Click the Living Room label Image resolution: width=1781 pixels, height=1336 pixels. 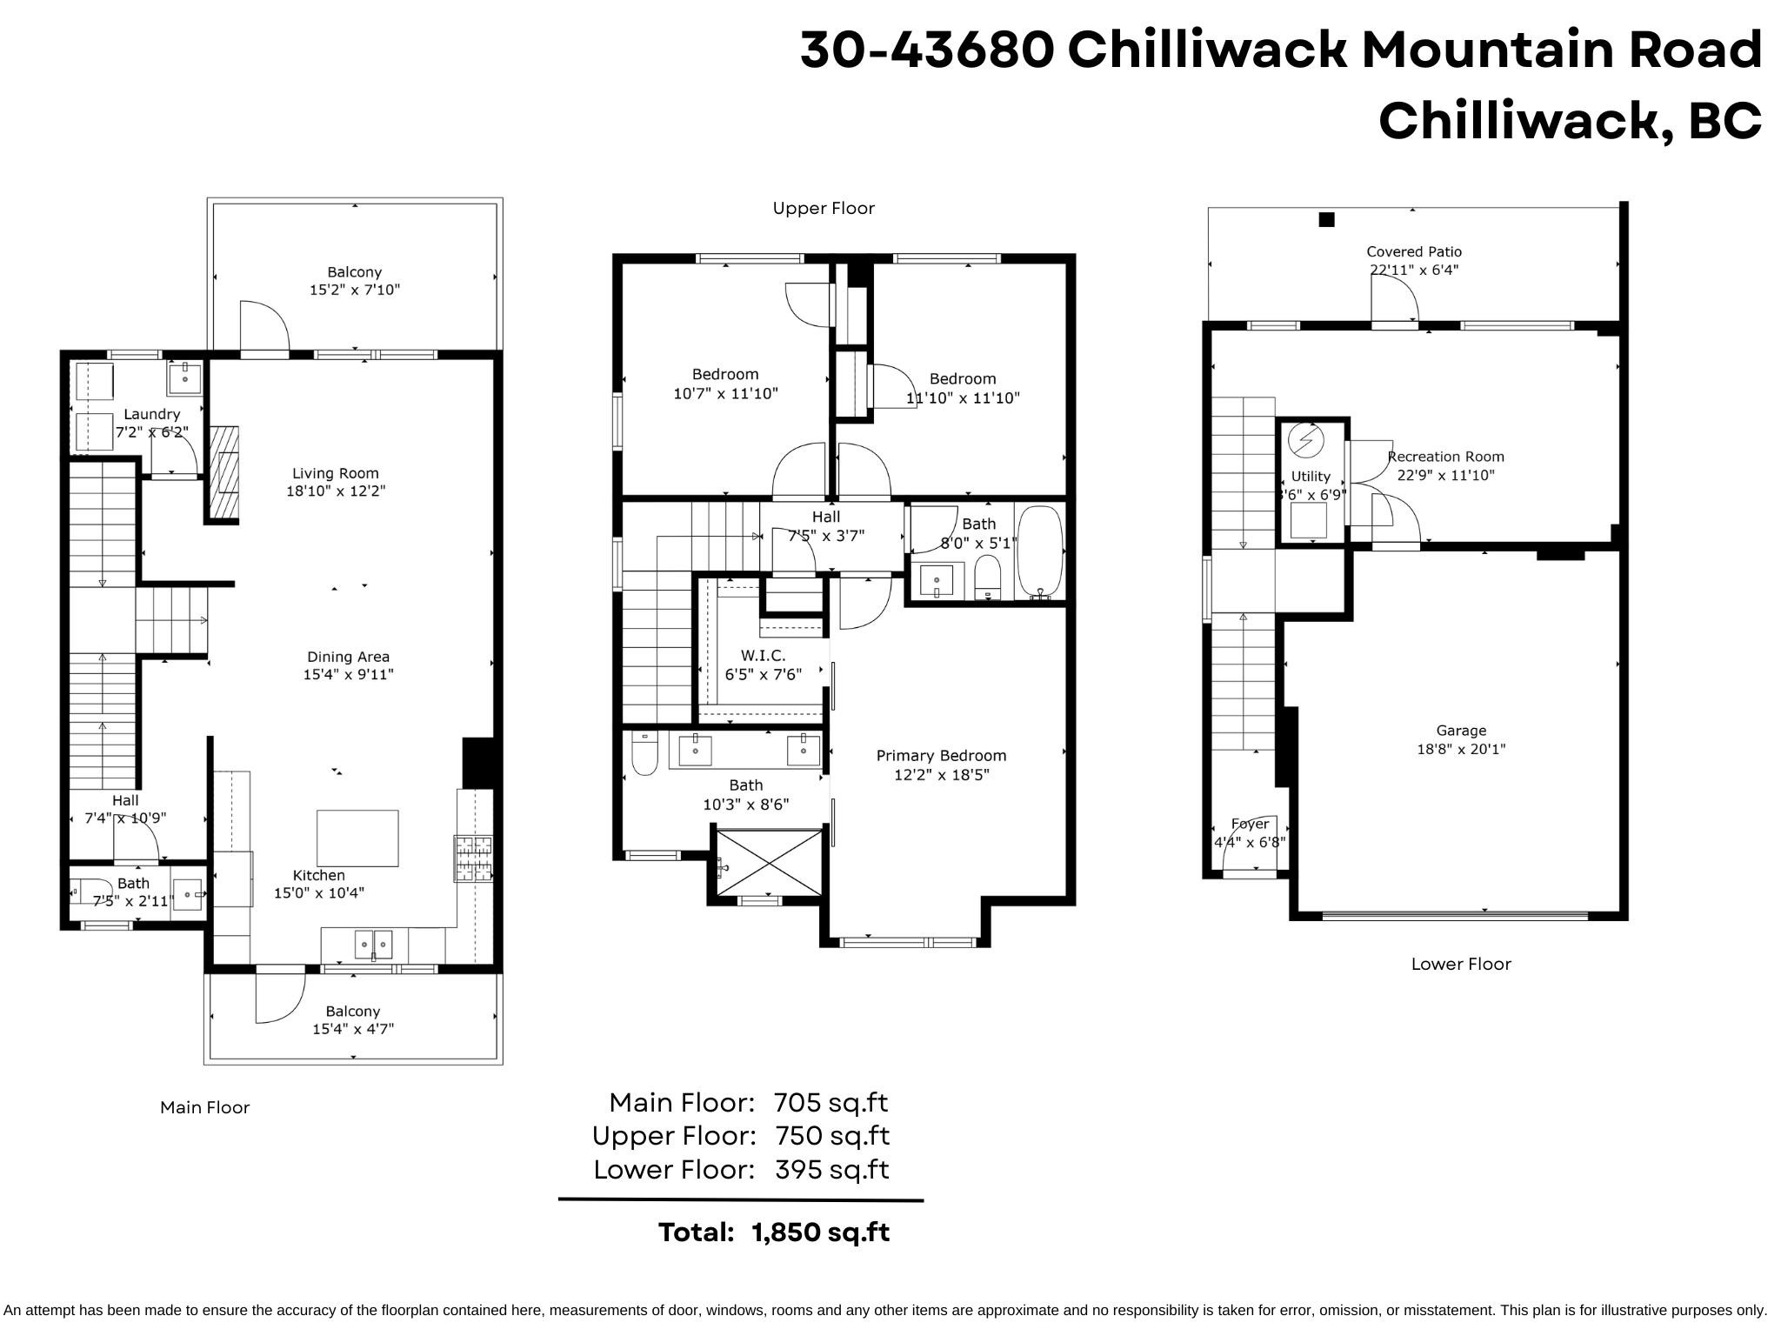(335, 473)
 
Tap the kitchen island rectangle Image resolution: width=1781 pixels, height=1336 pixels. (357, 838)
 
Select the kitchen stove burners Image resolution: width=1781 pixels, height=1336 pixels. (473, 858)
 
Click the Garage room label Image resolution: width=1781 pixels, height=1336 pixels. (1461, 731)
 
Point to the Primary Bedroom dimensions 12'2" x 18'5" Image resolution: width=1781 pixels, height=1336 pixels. (941, 774)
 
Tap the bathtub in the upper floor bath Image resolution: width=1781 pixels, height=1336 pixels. (1040, 553)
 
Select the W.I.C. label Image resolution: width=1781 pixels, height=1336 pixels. (763, 655)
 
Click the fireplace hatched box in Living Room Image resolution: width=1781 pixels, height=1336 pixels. (225, 472)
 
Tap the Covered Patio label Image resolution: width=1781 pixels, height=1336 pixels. (1414, 251)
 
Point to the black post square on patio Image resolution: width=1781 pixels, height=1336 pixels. (1326, 219)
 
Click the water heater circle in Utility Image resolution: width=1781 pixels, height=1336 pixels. (1305, 440)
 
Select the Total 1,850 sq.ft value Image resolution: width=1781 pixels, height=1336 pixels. (820, 1232)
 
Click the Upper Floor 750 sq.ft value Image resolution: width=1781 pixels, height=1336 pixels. (831, 1136)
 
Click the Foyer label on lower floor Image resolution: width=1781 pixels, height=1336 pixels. (1250, 824)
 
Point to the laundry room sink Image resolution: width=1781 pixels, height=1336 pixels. (184, 378)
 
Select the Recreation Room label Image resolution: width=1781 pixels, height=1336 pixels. (1445, 457)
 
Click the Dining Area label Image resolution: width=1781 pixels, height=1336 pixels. (348, 657)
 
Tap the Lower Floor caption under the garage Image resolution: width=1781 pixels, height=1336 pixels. (1461, 964)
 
